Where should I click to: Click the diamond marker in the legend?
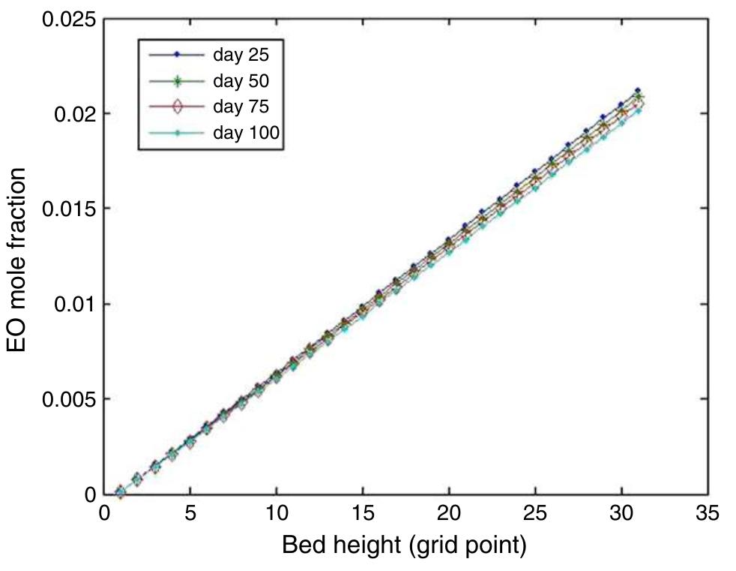point(177,107)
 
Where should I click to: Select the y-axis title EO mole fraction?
point(18,259)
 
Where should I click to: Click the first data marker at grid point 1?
point(121,492)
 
